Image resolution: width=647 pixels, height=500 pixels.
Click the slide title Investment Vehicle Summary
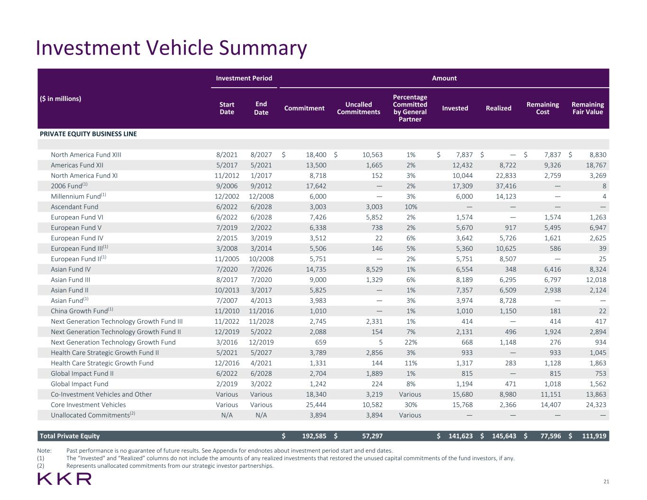coord(171,48)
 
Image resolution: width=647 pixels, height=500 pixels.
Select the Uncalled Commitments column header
coord(358,108)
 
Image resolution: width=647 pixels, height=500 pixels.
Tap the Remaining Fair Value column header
coord(587,108)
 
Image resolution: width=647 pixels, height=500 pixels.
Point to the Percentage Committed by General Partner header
coord(410,108)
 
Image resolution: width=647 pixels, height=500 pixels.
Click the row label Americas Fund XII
coord(77,165)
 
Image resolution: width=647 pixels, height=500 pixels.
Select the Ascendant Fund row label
coord(74,207)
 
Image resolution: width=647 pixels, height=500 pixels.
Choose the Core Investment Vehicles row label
coord(88,405)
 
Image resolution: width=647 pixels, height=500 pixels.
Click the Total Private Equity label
coord(70,436)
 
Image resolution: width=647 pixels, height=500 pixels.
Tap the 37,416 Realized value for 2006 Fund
coord(505,186)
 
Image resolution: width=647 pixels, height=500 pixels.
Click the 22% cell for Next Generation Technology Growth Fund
coord(410,342)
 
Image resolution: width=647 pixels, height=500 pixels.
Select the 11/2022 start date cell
coord(227,321)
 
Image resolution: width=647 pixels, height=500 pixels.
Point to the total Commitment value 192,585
coord(311,436)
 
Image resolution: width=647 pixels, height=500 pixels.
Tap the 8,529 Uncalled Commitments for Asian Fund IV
coord(373,269)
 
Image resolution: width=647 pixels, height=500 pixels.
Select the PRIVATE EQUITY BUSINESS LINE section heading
coord(88,134)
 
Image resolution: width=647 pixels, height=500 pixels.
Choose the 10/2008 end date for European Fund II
coord(261,259)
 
